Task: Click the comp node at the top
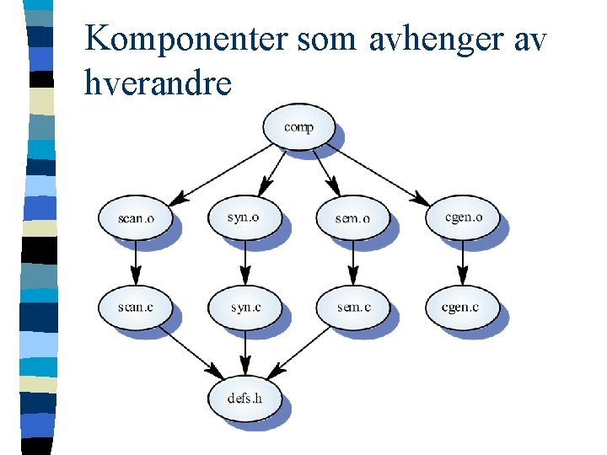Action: tap(299, 127)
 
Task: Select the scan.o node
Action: tap(136, 218)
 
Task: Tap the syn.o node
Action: tap(244, 217)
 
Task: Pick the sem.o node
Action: tap(353, 218)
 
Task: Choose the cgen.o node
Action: tap(463, 217)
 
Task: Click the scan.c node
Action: tap(136, 308)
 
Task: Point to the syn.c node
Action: tap(244, 308)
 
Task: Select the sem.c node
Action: tap(353, 308)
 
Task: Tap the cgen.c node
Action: tap(460, 308)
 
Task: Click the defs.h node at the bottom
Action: tap(244, 396)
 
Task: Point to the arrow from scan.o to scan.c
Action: tap(135, 262)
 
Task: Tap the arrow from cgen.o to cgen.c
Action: tap(462, 262)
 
